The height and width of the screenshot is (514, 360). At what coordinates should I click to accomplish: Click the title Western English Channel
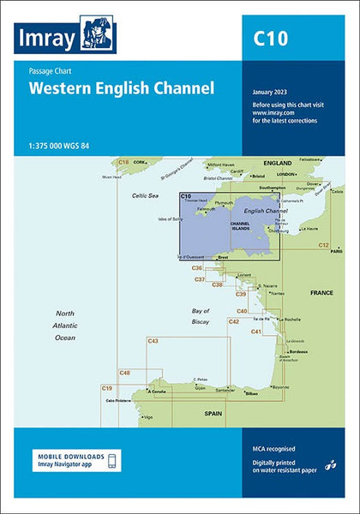(121, 87)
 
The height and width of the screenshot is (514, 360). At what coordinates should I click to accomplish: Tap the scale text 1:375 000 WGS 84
(59, 144)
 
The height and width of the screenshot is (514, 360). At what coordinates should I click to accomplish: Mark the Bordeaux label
(298, 351)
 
